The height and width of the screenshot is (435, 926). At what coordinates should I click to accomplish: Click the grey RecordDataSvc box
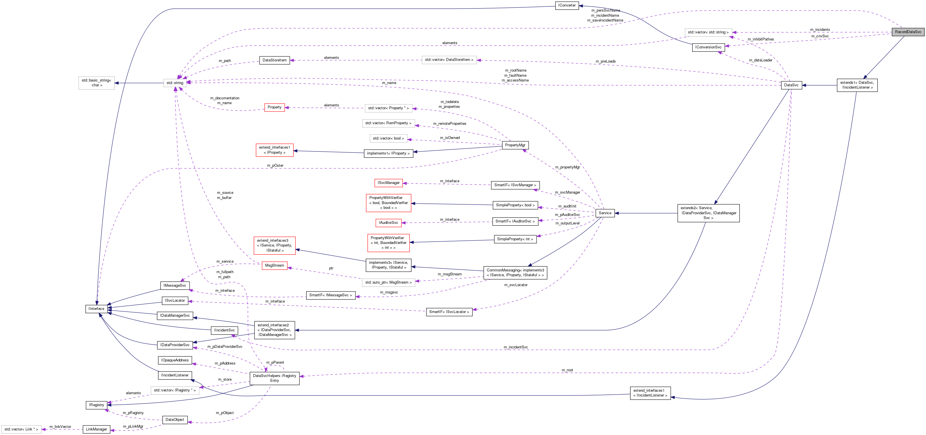coord(908,32)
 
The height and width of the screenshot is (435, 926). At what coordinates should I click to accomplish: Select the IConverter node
coord(567,5)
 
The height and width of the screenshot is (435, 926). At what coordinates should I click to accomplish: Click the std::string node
coord(175,83)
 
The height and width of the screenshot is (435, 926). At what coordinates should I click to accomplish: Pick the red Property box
coord(274,108)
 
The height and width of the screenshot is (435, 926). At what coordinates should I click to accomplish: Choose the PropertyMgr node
coord(515,145)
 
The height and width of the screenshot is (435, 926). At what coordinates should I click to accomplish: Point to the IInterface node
coord(96,309)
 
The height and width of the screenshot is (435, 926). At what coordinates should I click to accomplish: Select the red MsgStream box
coord(274,266)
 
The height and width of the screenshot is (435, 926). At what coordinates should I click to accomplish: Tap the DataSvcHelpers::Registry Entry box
coord(274,378)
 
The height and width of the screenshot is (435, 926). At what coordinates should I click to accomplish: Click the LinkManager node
coord(96,429)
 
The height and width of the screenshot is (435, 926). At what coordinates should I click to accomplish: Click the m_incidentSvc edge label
coord(515,347)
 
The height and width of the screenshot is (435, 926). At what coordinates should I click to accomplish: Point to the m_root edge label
coord(567,370)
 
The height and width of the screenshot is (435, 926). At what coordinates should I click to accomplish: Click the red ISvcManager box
coord(388,183)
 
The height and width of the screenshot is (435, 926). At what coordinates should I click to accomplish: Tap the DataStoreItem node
coord(274,60)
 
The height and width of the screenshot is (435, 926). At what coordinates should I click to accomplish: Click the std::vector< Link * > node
coord(21,429)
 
